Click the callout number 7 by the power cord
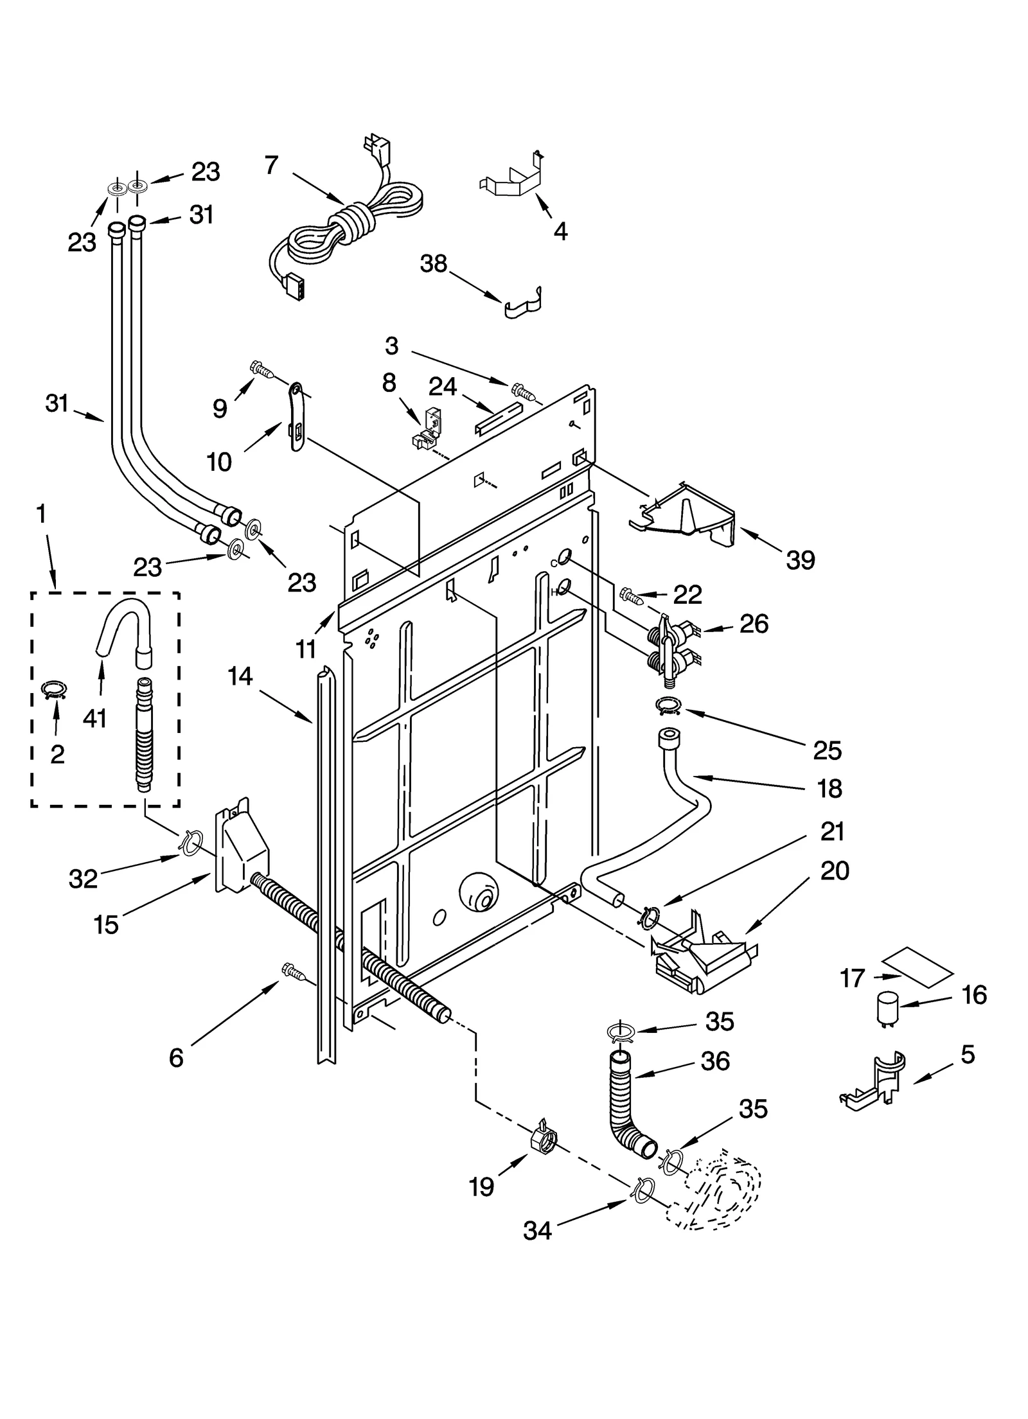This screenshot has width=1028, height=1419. [272, 165]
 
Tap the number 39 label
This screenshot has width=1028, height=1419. [801, 560]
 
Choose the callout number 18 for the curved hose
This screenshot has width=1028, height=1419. [830, 788]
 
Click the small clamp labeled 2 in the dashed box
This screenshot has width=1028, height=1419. [54, 690]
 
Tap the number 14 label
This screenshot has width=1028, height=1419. [240, 676]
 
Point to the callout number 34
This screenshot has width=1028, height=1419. [537, 1230]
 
